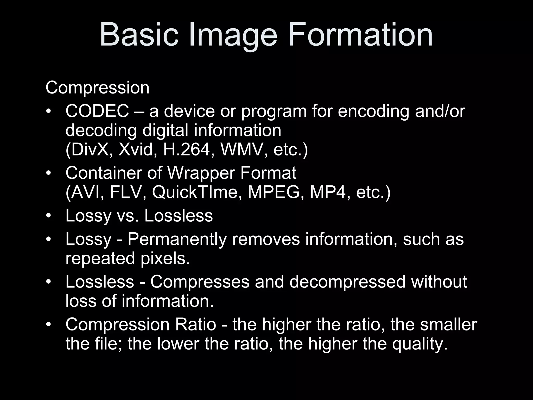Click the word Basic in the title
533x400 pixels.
139,35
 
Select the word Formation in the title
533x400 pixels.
360,35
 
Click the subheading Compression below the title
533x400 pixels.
97,88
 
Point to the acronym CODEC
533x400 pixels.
97,111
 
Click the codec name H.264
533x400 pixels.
186,150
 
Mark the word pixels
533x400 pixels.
165,259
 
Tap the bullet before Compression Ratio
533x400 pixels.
48,325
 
